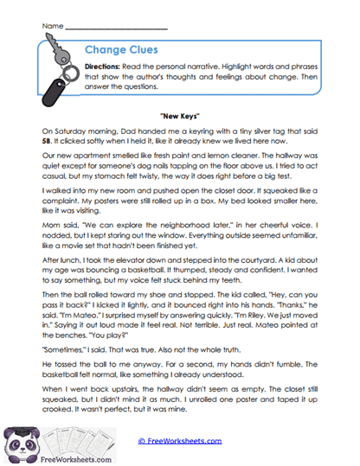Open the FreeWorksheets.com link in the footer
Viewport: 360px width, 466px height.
tap(179, 440)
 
